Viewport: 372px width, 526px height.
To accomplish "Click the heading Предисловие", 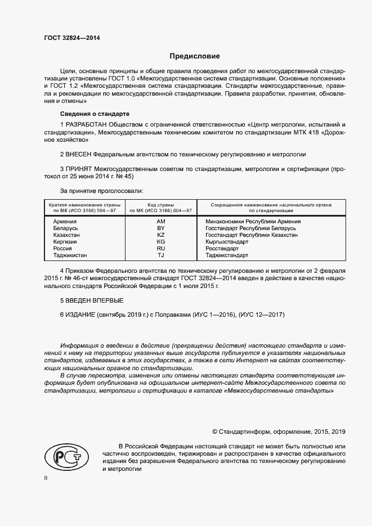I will [195, 56].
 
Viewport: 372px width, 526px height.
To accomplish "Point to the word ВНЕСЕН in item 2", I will [78, 154].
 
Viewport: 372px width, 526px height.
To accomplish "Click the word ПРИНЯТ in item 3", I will [78, 168].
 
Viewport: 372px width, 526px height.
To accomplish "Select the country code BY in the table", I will [161, 228].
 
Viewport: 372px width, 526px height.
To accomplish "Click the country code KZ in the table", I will [161, 235].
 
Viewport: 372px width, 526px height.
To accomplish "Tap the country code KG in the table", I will [161, 242].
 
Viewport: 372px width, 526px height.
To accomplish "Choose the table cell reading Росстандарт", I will [222, 249].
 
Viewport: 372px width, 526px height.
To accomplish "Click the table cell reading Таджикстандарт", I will [227, 255].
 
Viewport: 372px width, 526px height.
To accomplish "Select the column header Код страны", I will [161, 205].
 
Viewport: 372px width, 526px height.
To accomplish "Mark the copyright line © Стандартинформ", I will [279, 431].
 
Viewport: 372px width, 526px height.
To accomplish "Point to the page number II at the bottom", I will [46, 478].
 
